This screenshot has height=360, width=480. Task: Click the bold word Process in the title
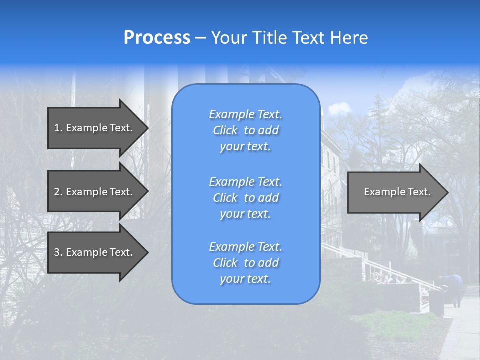157,37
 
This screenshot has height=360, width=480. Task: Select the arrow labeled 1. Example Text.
95,128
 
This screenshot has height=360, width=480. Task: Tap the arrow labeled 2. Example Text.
95,192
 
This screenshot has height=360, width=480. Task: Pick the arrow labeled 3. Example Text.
95,252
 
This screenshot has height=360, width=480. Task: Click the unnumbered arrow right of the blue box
395,192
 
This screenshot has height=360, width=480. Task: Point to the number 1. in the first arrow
58,128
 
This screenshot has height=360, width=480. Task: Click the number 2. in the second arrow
58,192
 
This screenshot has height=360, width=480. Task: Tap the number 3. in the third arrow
58,252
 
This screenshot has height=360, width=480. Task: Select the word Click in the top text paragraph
225,130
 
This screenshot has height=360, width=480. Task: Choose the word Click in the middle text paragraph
225,198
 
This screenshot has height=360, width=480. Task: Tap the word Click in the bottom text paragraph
225,263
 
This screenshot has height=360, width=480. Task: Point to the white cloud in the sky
339,107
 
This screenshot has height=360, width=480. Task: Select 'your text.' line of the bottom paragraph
245,279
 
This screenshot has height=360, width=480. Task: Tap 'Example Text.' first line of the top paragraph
245,114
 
